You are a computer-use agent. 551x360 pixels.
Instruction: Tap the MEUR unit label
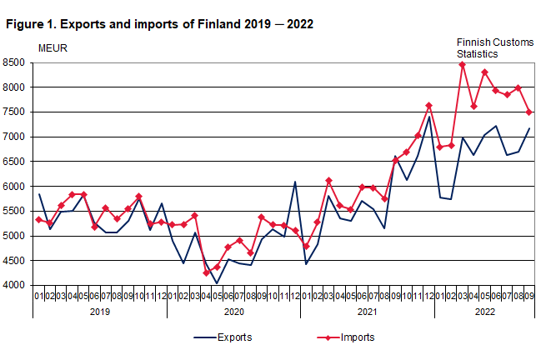53,47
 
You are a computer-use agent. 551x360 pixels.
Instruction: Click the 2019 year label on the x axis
100,311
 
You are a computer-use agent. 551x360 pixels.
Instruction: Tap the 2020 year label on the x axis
233,311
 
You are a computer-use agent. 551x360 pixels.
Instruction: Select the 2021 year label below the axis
367,311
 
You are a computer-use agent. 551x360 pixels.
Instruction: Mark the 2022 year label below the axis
483,311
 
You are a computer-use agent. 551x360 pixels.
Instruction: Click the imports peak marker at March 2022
462,65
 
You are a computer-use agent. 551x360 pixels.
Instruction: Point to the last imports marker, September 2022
528,112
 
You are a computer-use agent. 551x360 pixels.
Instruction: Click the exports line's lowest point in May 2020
217,283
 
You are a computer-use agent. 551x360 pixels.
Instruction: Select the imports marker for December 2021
428,106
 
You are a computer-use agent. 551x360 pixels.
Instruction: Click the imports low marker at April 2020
206,272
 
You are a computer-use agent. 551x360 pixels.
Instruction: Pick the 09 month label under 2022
528,295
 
